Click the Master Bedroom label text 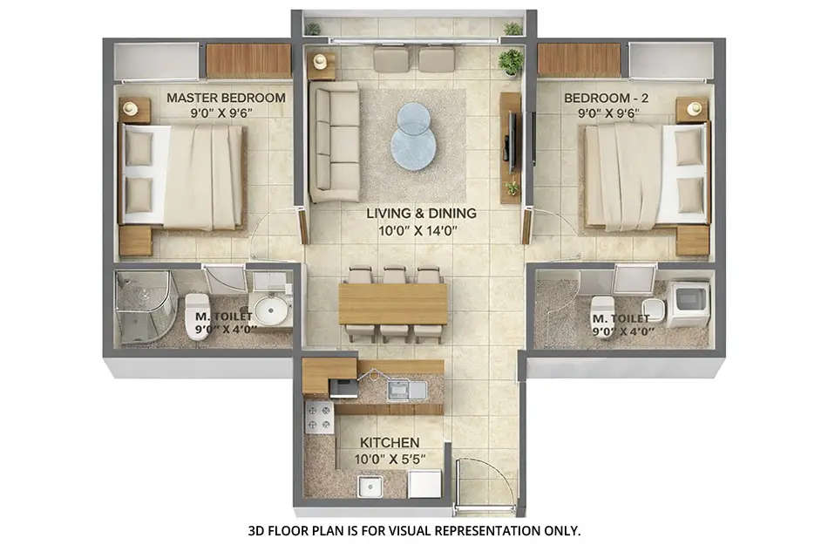pos(225,98)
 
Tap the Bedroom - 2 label pos(605,98)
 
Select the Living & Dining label pos(421,213)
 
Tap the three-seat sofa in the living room pos(335,141)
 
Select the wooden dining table pos(392,303)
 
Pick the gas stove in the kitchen pos(319,417)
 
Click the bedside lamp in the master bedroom pos(132,108)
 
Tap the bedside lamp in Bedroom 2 pos(694,108)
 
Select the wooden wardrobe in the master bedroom pos(248,60)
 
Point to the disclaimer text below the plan pos(414,529)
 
